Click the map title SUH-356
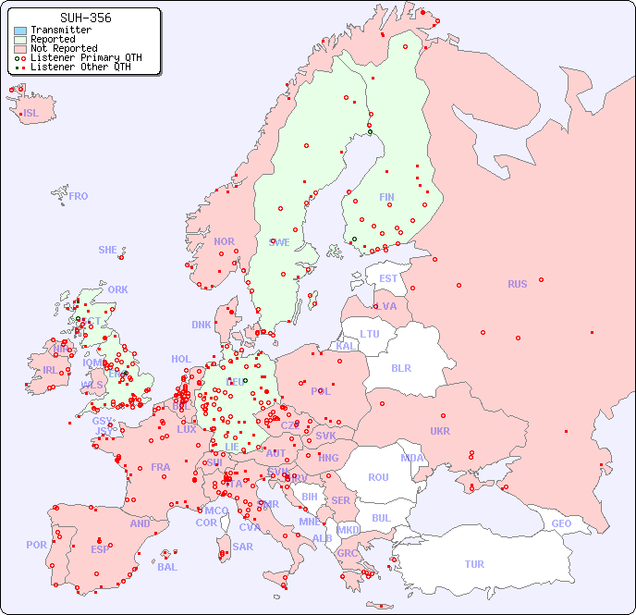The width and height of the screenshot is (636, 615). point(86,18)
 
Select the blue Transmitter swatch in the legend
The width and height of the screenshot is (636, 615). point(20,31)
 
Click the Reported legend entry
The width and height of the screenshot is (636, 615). point(53,40)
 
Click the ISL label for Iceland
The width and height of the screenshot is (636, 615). point(31,114)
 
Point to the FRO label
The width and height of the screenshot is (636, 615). point(79,196)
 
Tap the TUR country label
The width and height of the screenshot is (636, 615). point(474,564)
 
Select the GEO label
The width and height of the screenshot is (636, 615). point(561,523)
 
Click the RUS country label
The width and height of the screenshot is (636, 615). point(517,284)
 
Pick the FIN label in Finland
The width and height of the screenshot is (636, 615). point(386,197)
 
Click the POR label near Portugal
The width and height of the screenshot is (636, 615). point(36,545)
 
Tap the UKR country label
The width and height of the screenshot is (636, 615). point(440,431)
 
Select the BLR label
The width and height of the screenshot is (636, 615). point(401,367)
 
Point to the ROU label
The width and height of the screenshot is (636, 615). point(378,477)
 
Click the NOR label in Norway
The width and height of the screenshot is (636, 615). point(224,241)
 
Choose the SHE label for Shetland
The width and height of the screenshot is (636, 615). point(108,250)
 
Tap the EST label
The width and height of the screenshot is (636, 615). point(388,278)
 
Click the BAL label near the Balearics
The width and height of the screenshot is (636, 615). point(167,567)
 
